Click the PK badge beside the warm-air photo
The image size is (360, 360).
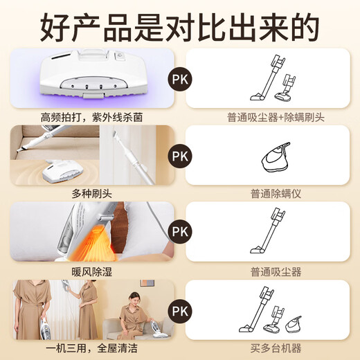click(x=180, y=231)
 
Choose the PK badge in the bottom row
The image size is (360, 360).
click(x=180, y=308)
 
